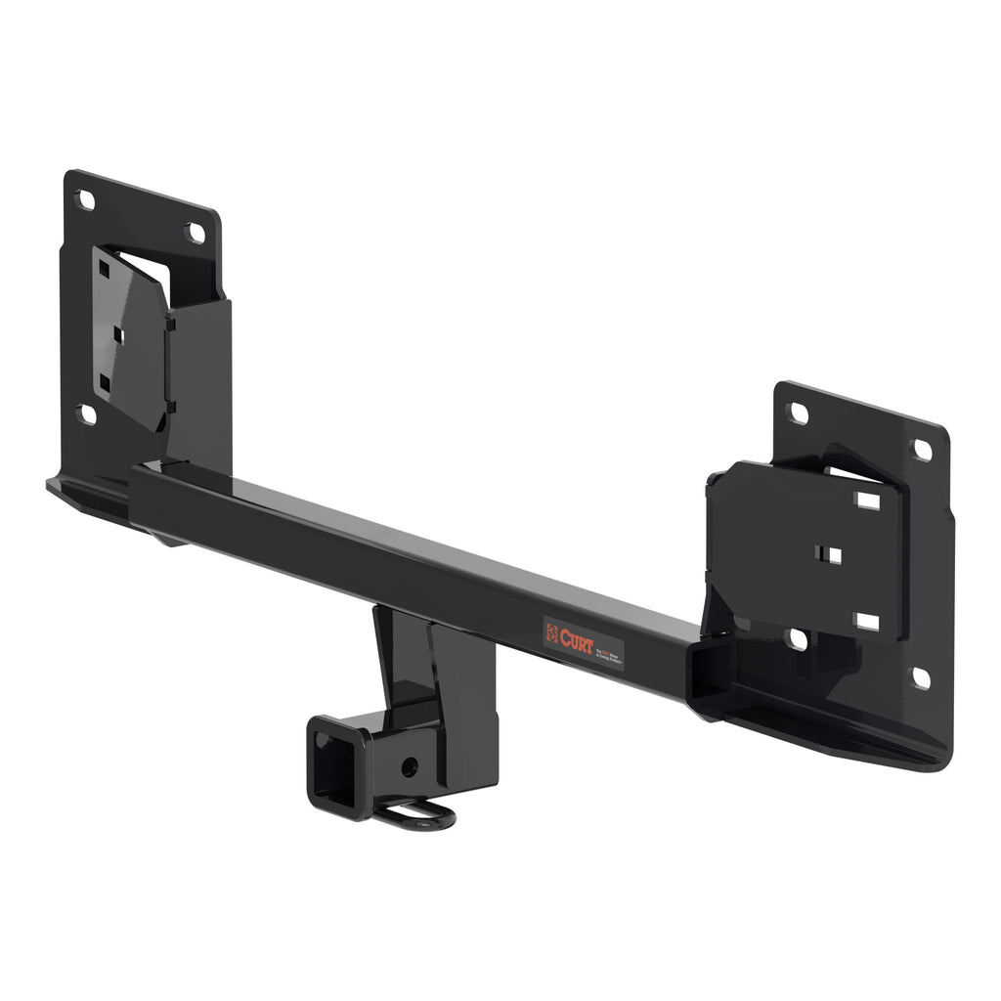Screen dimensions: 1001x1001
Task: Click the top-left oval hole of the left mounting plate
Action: [x=85, y=200]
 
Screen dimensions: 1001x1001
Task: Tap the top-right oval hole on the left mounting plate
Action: [x=196, y=233]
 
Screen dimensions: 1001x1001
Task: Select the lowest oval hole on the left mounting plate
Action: [x=87, y=414]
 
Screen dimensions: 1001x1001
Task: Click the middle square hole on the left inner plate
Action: [x=118, y=334]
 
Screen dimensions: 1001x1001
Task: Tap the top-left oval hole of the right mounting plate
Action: [x=798, y=413]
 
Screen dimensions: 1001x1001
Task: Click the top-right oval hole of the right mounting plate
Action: [x=922, y=450]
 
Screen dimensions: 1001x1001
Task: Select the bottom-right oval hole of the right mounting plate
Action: [x=921, y=677]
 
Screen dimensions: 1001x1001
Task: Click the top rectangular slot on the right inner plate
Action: [x=867, y=500]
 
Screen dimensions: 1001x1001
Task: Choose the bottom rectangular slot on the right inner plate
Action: [x=866, y=622]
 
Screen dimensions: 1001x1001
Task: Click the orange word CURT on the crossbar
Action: [x=577, y=637]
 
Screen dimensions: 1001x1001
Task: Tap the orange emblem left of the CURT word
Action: [x=553, y=631]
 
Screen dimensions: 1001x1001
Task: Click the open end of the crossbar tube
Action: [x=708, y=674]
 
